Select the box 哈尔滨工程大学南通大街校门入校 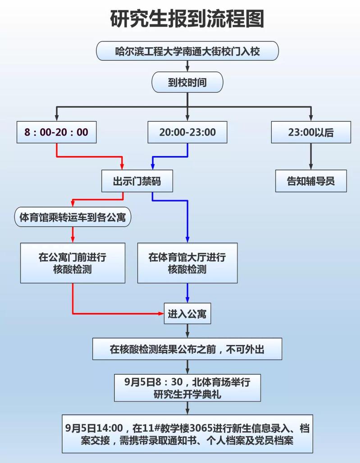(187, 51)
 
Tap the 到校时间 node (187, 82)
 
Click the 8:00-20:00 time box (57, 132)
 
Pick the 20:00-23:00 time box (187, 132)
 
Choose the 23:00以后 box (311, 132)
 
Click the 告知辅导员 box (311, 181)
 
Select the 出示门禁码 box (137, 181)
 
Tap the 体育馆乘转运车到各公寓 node (73, 218)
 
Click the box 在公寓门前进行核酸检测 (73, 263)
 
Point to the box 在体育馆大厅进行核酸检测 (187, 263)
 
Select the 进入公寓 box (187, 313)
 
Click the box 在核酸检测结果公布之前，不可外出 (187, 349)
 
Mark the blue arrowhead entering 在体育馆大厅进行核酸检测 (187, 240)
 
